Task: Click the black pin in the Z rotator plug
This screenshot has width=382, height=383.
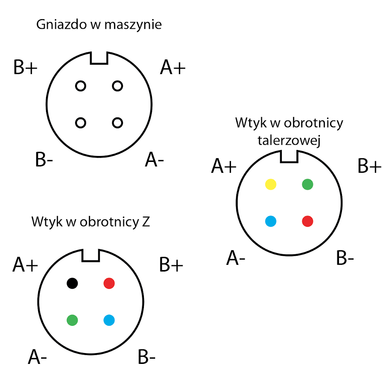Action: pyautogui.click(x=72, y=283)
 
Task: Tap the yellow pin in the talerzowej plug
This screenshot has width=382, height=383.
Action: pyautogui.click(x=271, y=184)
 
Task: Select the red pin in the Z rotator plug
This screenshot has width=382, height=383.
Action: pyautogui.click(x=109, y=283)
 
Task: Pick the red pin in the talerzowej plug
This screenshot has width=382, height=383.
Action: pyautogui.click(x=307, y=221)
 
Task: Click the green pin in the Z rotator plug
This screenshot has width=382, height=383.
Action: pyautogui.click(x=72, y=320)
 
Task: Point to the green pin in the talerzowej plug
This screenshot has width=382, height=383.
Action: pyautogui.click(x=307, y=184)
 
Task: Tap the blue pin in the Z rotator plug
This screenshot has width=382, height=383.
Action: pyautogui.click(x=109, y=320)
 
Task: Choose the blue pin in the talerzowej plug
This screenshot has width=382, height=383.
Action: pyautogui.click(x=271, y=221)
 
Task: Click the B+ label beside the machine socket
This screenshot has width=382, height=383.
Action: pyautogui.click(x=25, y=68)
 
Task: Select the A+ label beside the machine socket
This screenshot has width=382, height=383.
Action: pyautogui.click(x=173, y=68)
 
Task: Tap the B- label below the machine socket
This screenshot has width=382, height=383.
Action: pyautogui.click(x=44, y=160)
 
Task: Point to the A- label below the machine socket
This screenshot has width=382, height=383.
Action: pyautogui.click(x=154, y=160)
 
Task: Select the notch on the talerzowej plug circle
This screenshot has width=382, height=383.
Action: pyautogui.click(x=289, y=156)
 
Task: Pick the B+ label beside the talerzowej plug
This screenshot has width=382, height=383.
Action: pyautogui.click(x=369, y=166)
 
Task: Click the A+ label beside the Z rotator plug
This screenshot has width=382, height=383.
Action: pyautogui.click(x=25, y=265)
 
